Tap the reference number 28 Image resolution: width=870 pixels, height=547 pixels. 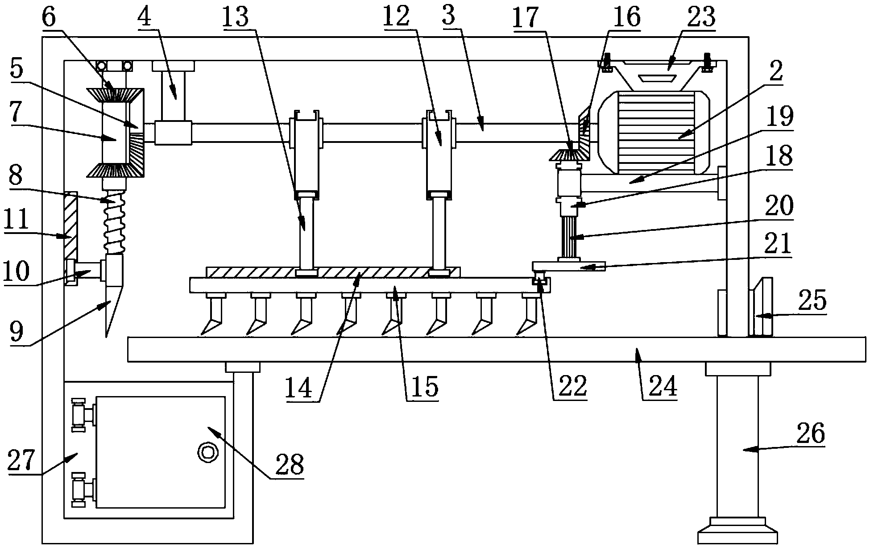pos(290,464)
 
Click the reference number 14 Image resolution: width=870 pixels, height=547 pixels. pos(300,388)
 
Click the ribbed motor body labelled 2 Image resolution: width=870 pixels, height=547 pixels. pos(654,132)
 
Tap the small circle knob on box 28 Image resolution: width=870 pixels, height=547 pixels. pos(207,452)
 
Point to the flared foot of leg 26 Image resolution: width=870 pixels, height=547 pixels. pos(737,531)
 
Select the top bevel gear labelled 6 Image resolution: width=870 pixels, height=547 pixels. pos(115,95)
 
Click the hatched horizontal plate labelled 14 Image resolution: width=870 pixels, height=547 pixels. pos(333,272)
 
